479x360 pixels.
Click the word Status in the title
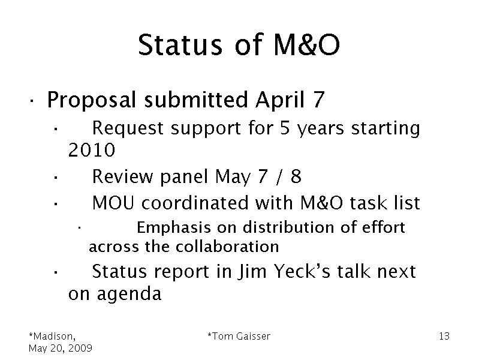180,44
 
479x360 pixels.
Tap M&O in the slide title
306,44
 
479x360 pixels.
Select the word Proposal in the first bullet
91,101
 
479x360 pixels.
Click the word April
280,100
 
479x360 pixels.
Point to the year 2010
92,150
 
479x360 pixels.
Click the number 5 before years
285,128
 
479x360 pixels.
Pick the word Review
122,176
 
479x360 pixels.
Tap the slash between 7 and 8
279,177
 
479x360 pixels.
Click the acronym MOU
113,203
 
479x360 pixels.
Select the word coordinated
195,203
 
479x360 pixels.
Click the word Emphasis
174,228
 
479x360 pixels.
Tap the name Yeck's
302,271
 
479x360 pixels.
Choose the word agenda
129,294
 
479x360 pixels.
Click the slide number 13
444,336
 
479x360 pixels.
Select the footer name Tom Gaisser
239,336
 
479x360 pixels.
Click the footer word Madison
52,337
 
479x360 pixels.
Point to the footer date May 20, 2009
60,348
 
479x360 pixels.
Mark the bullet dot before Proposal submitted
31,100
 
